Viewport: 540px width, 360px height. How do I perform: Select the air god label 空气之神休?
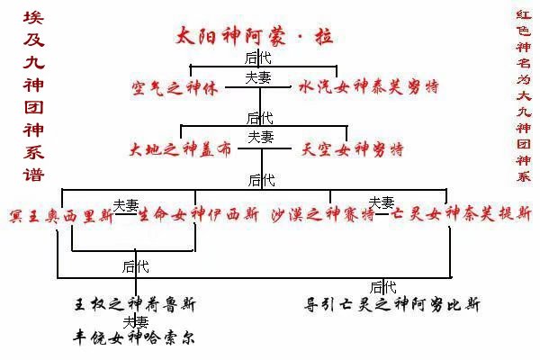(175, 89)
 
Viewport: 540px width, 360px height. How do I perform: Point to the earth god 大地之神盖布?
(180, 148)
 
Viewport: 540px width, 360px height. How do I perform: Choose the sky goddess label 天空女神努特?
(351, 148)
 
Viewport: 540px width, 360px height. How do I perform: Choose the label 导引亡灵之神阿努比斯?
(392, 304)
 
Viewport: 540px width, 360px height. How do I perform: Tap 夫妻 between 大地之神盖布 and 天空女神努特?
(261, 138)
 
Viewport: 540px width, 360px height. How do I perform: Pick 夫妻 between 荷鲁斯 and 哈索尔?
(136, 321)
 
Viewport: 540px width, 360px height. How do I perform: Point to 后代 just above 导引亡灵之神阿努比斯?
(383, 287)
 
